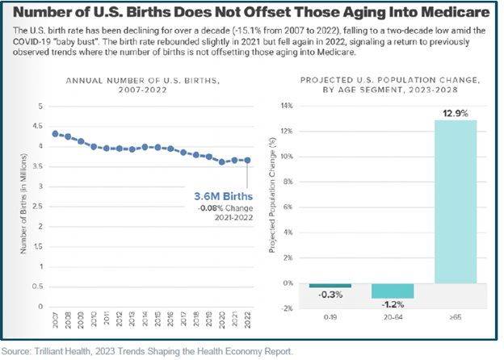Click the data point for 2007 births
tap(54, 134)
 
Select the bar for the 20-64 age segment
tap(392, 291)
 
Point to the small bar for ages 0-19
tap(330, 286)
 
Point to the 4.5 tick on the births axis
tap(40, 127)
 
